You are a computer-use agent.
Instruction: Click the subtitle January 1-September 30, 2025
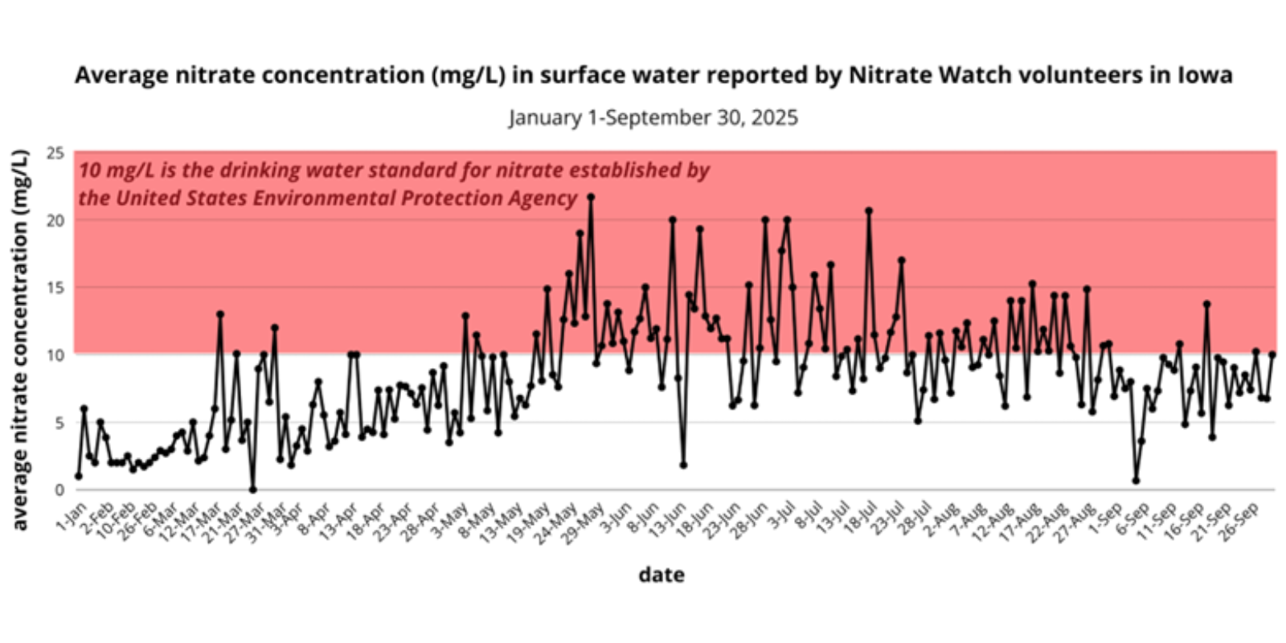[x=653, y=117]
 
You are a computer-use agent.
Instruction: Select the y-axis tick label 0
[x=59, y=489]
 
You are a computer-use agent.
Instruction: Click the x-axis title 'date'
[x=661, y=575]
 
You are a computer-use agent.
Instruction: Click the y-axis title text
[x=20, y=339]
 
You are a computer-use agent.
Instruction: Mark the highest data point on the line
[x=591, y=196]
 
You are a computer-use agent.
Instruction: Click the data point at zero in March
[x=253, y=489]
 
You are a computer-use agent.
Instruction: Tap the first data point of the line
[x=78, y=476]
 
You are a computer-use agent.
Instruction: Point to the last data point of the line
[x=1272, y=354]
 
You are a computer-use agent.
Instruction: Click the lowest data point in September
[x=1136, y=481]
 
